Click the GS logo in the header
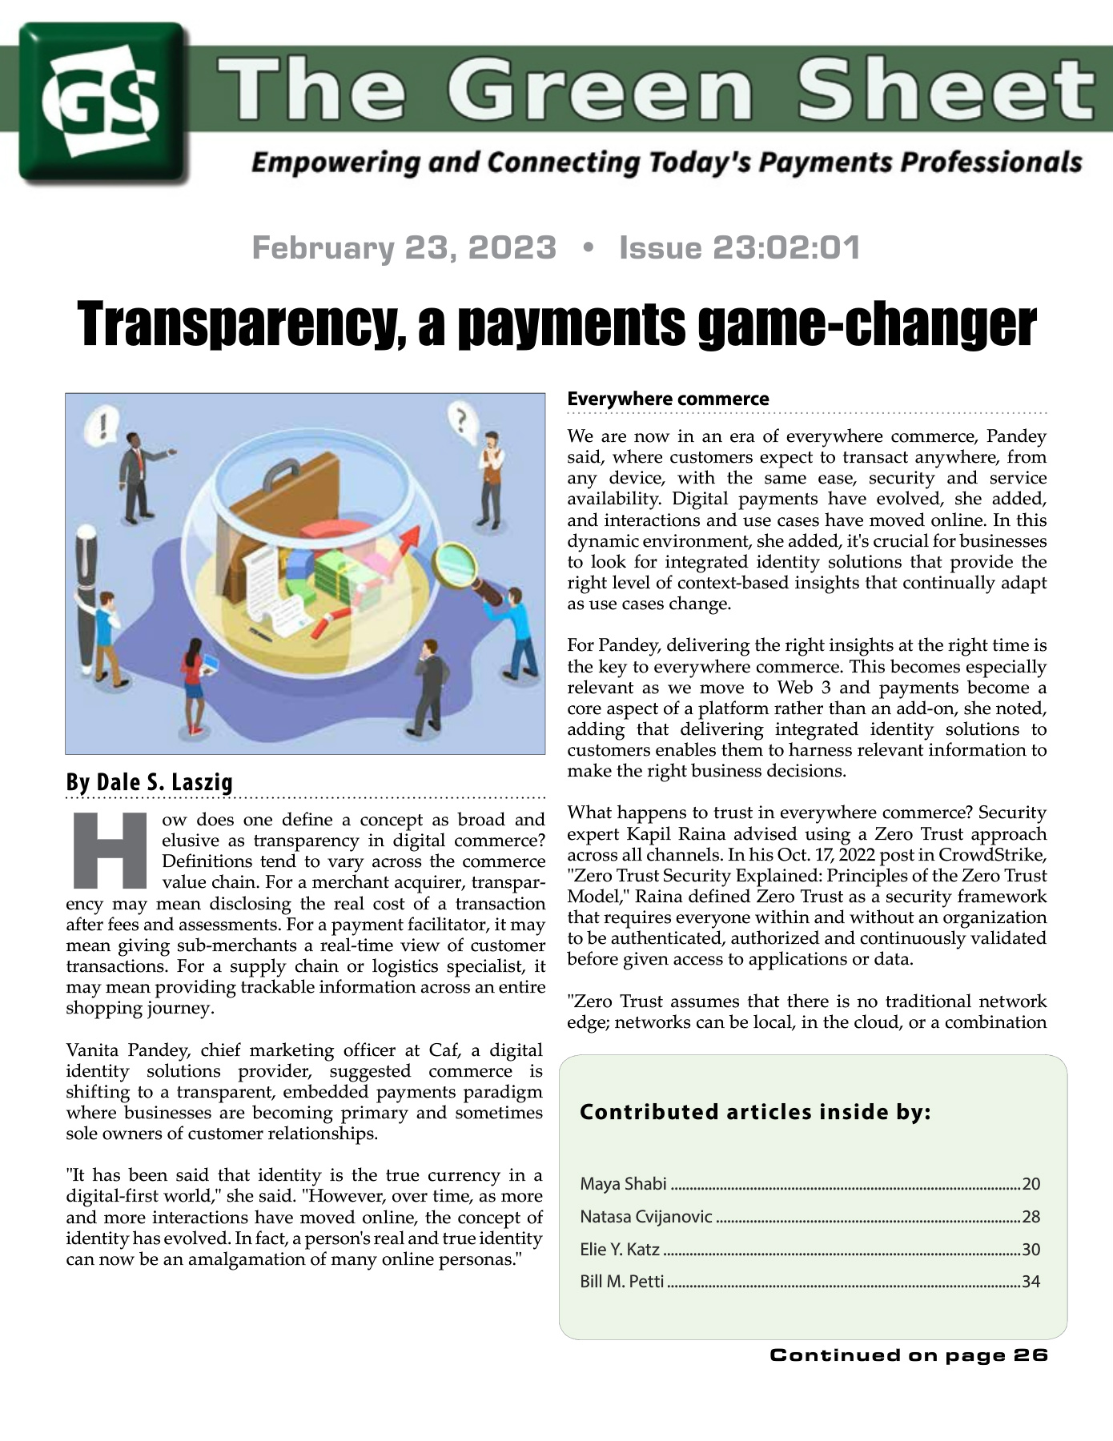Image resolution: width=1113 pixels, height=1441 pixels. pyautogui.click(x=103, y=102)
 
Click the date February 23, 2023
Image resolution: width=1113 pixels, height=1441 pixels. pyautogui.click(x=404, y=247)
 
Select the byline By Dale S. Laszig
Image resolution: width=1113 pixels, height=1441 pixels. pyautogui.click(x=149, y=781)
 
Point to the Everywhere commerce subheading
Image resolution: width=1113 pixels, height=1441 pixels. pyautogui.click(x=668, y=399)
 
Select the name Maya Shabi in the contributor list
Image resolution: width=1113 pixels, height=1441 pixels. pyautogui.click(x=623, y=1183)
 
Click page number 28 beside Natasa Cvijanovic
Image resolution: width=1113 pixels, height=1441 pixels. pyautogui.click(x=1031, y=1217)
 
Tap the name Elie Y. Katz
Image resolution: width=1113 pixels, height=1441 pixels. pyautogui.click(x=620, y=1249)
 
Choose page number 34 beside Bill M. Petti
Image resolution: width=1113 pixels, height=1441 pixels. pyautogui.click(x=1031, y=1282)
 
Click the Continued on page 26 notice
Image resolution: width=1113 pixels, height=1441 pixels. pyautogui.click(x=908, y=1355)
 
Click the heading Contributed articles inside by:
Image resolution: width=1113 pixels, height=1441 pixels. pyautogui.click(x=755, y=1112)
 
